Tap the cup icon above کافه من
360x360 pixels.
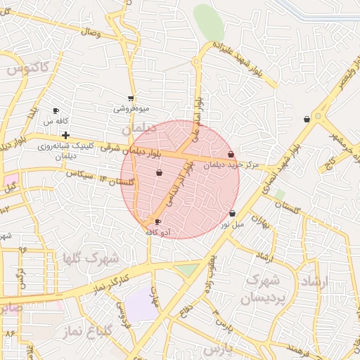coord(56,111)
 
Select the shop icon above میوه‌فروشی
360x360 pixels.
coord(131,99)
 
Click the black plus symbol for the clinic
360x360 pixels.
coord(65,135)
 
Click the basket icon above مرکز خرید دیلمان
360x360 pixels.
coord(231,154)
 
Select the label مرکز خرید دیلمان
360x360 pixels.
coord(231,165)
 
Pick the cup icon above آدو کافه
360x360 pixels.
coord(157,222)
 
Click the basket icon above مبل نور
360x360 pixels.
coord(232,213)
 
